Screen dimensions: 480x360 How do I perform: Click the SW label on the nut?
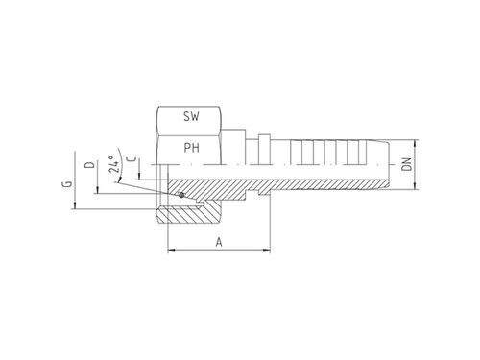pos(191,116)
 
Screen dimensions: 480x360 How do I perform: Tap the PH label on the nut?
pos(191,148)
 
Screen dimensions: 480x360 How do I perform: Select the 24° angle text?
pos(114,164)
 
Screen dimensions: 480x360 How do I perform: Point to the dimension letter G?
pos(67,184)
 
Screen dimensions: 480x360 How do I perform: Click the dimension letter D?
pos(90,165)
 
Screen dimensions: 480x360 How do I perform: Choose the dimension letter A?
pos(219,242)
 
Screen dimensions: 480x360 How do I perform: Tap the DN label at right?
pos(407,164)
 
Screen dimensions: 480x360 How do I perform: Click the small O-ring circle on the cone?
pos(181,195)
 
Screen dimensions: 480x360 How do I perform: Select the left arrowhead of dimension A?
pos(172,250)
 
